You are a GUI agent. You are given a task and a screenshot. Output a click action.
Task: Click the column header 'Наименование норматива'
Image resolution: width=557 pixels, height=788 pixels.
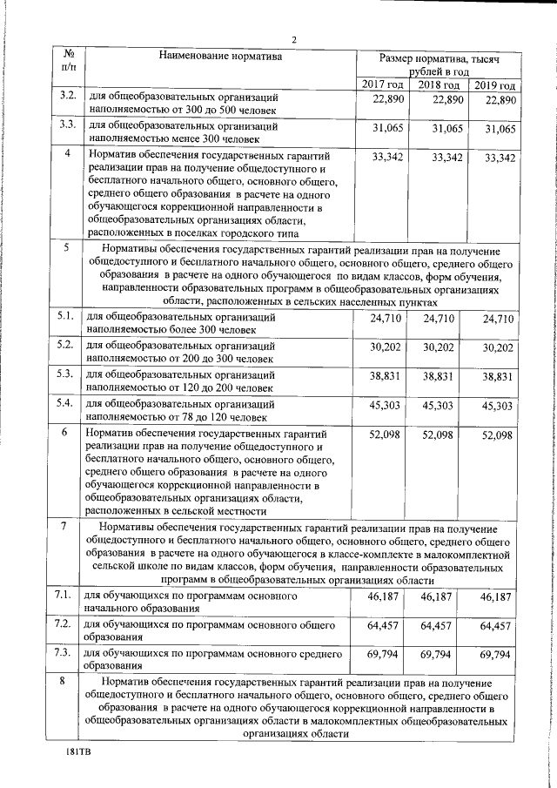[x=221, y=57]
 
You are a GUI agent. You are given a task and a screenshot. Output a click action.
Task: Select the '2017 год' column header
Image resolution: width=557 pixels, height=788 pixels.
[x=383, y=85]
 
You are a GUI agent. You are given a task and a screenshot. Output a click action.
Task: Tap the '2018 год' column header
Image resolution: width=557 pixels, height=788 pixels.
[x=439, y=85]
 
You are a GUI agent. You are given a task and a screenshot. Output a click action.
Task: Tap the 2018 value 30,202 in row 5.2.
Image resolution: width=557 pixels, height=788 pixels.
[x=439, y=347]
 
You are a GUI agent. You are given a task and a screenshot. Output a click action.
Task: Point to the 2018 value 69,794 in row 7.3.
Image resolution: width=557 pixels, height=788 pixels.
[x=437, y=678]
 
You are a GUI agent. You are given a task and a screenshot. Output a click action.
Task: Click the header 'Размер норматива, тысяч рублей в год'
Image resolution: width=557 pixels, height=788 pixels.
[x=439, y=64]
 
